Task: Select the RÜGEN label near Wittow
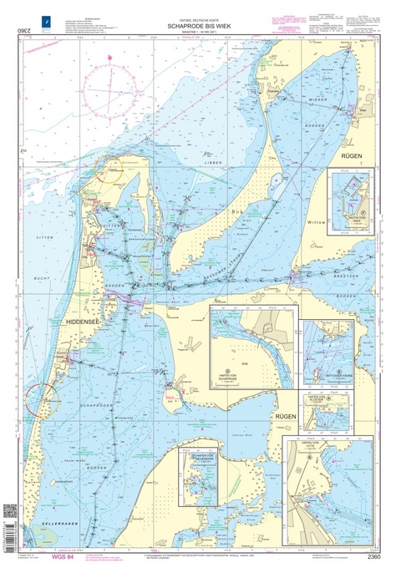pos(350,154)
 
